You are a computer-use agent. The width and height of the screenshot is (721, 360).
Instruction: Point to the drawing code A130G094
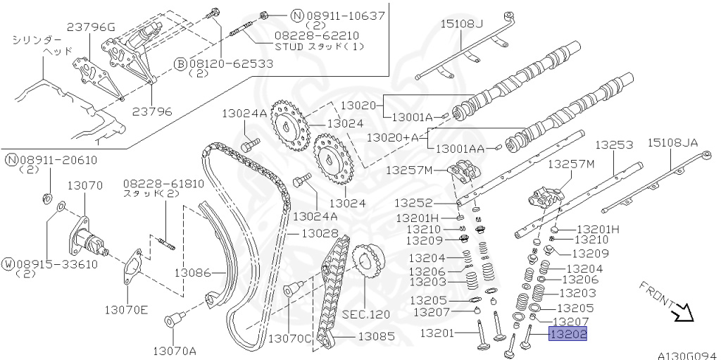688,356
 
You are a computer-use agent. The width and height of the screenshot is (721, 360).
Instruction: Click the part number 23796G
91,27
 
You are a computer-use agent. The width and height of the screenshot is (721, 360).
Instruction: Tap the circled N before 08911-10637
277,15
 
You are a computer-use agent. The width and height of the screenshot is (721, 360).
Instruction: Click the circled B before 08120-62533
180,64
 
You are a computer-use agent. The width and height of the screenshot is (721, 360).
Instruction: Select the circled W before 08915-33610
10,264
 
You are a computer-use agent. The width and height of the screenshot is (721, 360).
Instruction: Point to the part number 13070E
127,308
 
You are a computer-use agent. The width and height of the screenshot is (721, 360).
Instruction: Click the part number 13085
376,337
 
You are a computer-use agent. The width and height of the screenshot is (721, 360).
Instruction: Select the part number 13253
614,144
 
